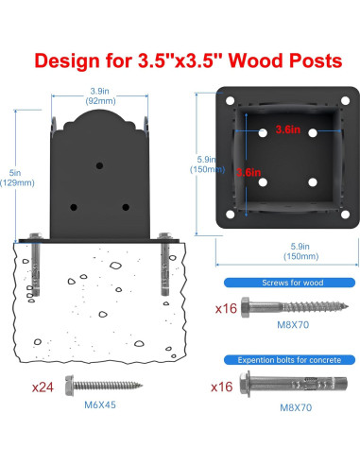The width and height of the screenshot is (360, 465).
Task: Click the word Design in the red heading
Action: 67,60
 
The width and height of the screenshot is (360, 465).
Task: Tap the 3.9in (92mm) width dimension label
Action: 100,96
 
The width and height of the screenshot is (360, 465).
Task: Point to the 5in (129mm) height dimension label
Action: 17,178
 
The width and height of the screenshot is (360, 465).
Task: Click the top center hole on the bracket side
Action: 99,165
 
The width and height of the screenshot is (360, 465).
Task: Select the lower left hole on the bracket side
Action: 74,207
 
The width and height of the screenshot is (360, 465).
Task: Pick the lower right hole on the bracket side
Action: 126,207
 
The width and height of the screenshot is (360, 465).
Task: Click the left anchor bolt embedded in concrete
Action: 35,264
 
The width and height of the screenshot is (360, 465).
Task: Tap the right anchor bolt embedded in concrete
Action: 165,264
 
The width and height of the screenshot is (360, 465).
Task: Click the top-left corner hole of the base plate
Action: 231,101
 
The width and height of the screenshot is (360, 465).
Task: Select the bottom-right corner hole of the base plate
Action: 345,215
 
